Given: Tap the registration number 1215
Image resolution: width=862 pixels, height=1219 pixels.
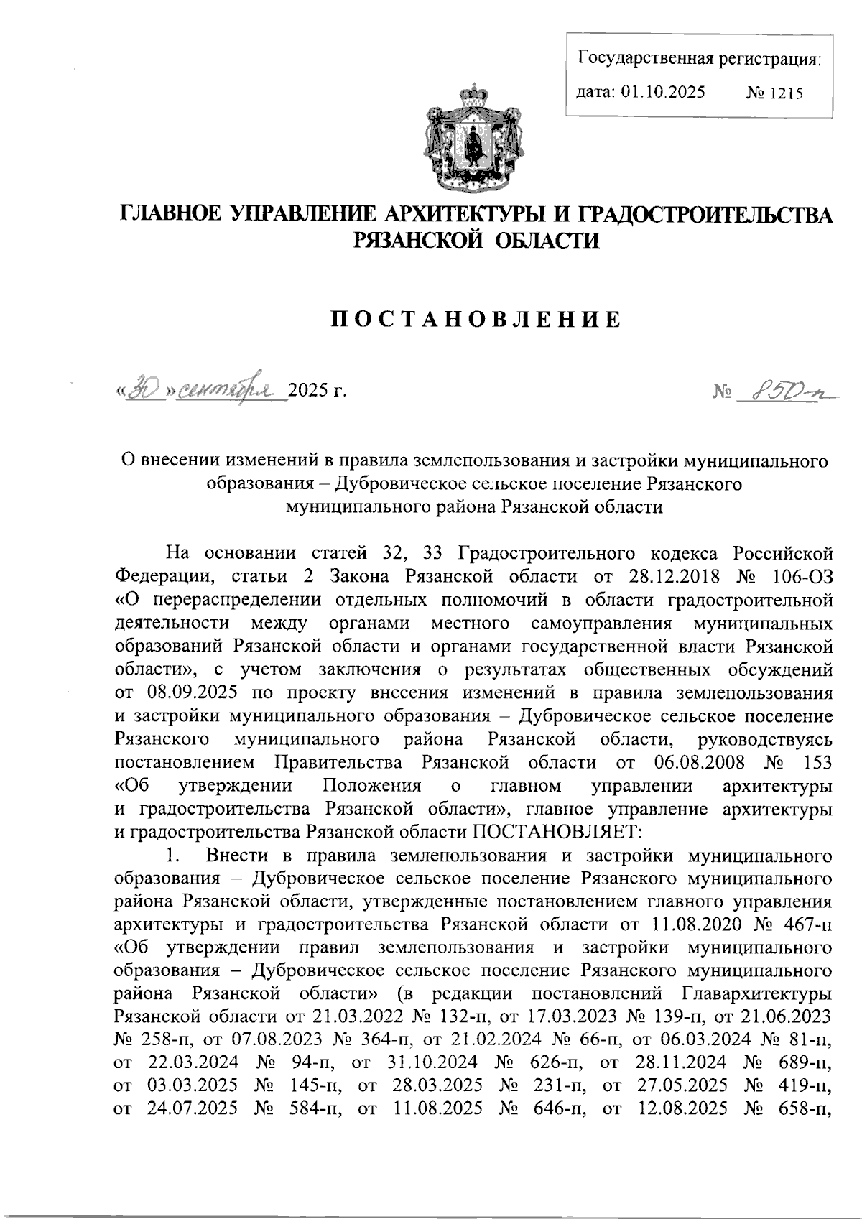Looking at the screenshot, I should coord(786,93).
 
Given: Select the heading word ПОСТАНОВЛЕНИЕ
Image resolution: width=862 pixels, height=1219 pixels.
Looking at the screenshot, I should coord(474,320).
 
